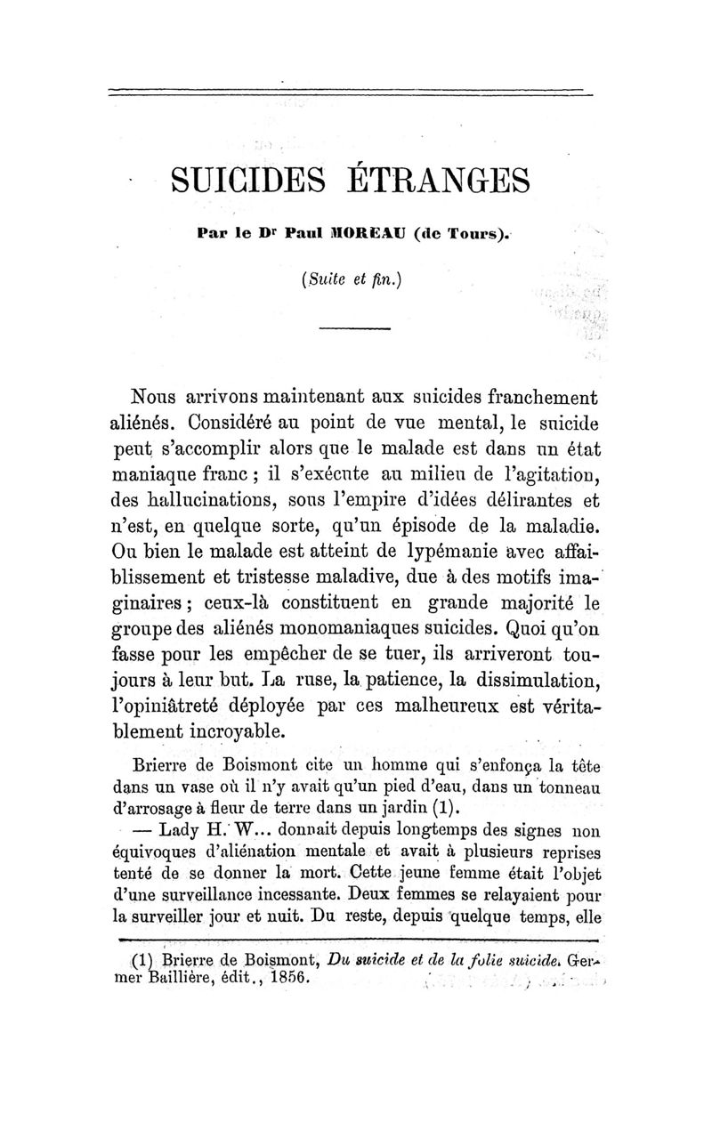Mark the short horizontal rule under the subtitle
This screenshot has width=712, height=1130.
click(x=355, y=329)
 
